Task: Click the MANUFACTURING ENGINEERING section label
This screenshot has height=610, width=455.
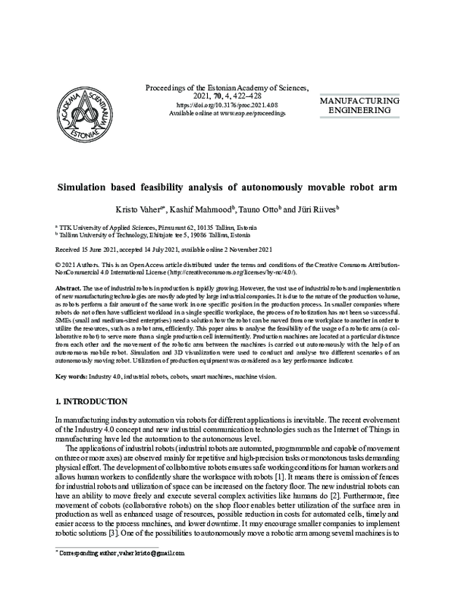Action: tap(369, 106)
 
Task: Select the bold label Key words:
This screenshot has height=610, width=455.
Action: tap(73, 376)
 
